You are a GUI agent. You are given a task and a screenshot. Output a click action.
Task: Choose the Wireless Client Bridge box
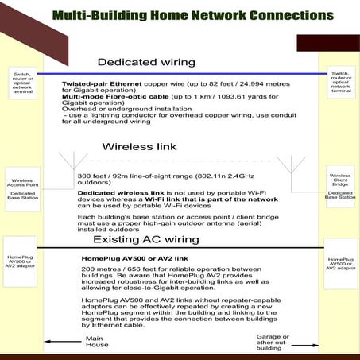pyautogui.click(x=339, y=182)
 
